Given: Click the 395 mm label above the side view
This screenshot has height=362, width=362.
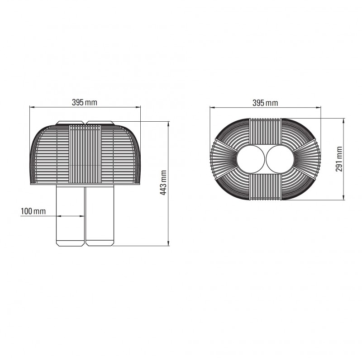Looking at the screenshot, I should click(x=85, y=102).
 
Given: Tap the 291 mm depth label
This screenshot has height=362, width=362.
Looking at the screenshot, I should click(x=339, y=159).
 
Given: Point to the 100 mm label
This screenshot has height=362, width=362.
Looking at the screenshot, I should click(x=33, y=211).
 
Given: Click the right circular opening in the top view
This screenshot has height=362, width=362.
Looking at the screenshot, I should click(x=280, y=159).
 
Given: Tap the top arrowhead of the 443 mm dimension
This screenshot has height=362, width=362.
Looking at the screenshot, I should click(x=169, y=123).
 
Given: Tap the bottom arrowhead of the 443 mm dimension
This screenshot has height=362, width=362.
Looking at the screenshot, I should click(x=169, y=244).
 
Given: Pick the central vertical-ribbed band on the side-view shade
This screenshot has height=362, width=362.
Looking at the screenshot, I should click(x=85, y=152).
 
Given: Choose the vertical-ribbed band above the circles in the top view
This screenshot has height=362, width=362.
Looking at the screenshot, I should click(x=265, y=131).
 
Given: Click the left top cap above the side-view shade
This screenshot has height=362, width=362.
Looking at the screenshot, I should click(x=70, y=123).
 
